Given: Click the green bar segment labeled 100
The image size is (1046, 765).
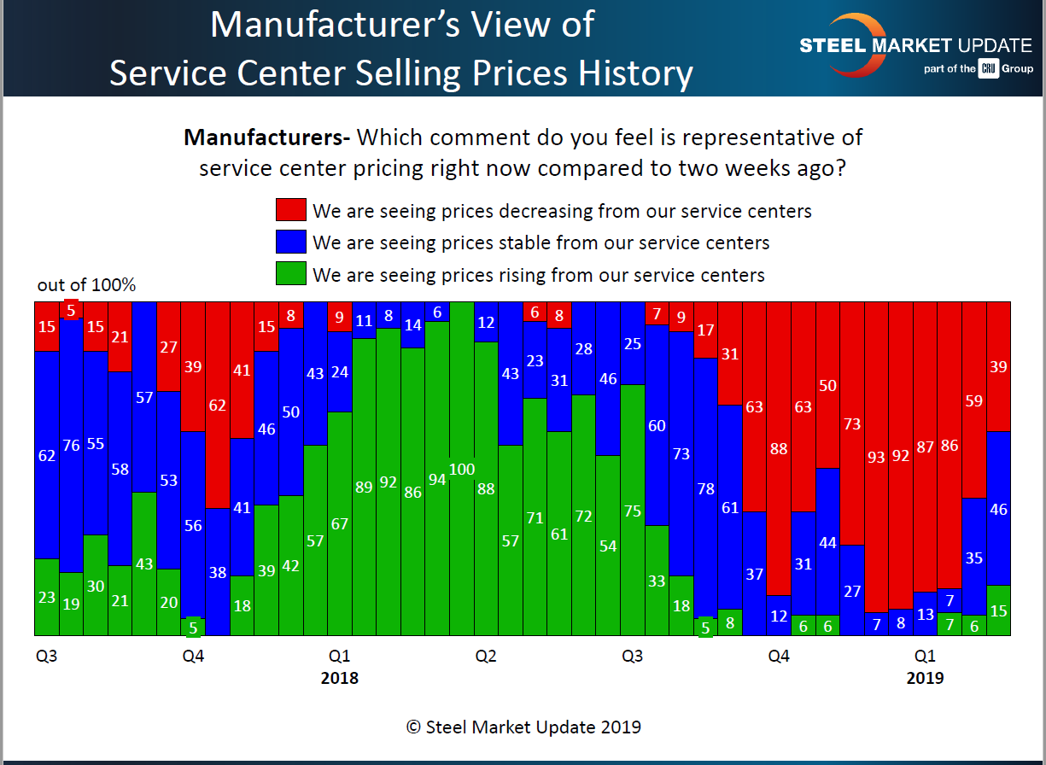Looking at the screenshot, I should coord(462,469).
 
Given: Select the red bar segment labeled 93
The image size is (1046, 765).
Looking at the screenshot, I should coord(877,457).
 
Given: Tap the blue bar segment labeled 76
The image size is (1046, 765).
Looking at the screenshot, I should coord(71,446).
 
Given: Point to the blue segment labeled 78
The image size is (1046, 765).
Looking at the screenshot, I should coord(705,488).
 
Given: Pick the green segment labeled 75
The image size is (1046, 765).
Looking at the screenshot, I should coord(632,511).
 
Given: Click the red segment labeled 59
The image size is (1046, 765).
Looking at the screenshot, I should coord(974,400).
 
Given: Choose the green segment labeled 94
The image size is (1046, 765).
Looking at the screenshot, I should coord(437,479).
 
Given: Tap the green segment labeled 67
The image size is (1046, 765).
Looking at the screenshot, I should coord(340,523).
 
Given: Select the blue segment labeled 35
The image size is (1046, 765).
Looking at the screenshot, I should coord(974,557).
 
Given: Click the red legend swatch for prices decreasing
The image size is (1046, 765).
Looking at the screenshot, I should coord(289,210).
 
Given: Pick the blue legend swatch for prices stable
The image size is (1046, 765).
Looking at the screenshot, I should coord(289,242).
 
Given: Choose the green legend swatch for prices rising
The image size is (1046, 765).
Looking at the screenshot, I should coord(289,275).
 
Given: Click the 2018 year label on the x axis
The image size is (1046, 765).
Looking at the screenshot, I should coord(339,679).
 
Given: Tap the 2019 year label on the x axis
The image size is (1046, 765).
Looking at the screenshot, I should coord(925,679).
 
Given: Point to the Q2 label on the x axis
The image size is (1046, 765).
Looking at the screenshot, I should coord(486,657).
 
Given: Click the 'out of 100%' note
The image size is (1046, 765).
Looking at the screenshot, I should coord(86,285).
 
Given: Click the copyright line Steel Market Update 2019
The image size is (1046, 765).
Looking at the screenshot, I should coord(523,727).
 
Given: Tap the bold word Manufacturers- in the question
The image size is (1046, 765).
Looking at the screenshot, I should coord(266,137).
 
